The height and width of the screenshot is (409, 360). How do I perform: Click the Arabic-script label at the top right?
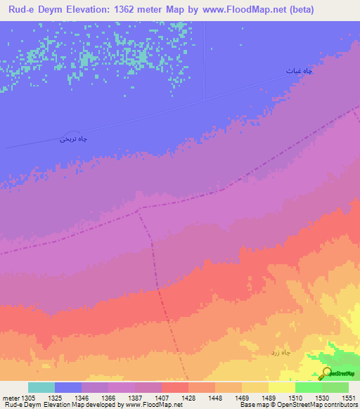coord(299,71)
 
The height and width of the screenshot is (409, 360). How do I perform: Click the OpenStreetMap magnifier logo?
coord(326,373)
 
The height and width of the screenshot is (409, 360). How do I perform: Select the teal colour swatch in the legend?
coord(41,387)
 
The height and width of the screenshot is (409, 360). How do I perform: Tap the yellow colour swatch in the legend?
coord(281,387)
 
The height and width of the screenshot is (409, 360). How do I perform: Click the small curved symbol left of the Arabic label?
coord(68,134)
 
